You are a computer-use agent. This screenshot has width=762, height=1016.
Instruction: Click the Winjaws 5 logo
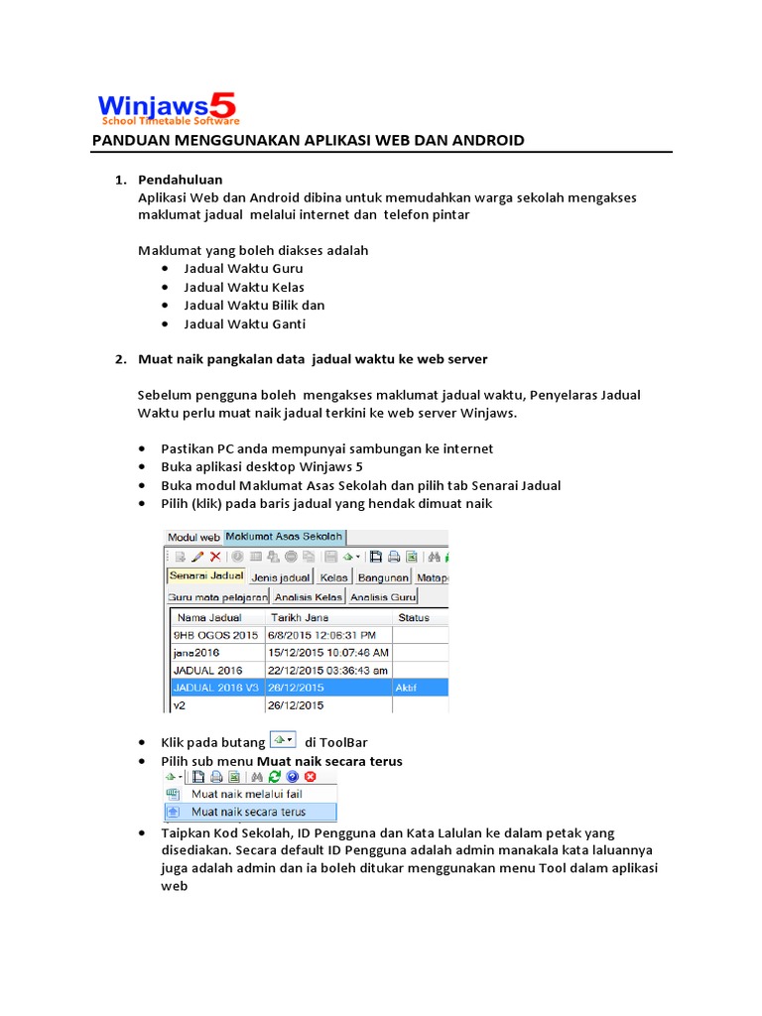pyautogui.click(x=167, y=106)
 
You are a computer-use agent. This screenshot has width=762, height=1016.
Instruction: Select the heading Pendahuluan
pyautogui.click(x=180, y=180)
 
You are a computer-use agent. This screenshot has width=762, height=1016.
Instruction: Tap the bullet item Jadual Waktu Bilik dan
pyautogui.click(x=254, y=306)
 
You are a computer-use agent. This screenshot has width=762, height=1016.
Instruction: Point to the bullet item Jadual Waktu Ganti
pyautogui.click(x=244, y=324)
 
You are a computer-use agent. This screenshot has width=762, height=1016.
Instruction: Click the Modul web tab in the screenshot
pyautogui.click(x=192, y=537)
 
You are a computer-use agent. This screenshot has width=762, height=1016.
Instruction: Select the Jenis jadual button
pyautogui.click(x=282, y=576)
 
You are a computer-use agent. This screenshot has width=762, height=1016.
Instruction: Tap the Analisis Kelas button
pyautogui.click(x=309, y=596)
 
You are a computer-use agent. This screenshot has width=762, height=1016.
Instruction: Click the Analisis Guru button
pyautogui.click(x=383, y=596)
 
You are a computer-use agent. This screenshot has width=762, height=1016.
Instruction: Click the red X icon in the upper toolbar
pyautogui.click(x=215, y=557)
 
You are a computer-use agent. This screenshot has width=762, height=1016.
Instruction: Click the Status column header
pyautogui.click(x=414, y=617)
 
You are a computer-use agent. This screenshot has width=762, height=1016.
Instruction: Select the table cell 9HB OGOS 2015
pyautogui.click(x=215, y=635)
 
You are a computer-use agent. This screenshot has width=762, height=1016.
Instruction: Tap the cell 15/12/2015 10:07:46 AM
pyautogui.click(x=328, y=653)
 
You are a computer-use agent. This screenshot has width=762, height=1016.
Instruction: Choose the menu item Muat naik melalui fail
pyautogui.click(x=247, y=794)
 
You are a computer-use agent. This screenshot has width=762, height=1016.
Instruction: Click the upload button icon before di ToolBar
pyautogui.click(x=283, y=740)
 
